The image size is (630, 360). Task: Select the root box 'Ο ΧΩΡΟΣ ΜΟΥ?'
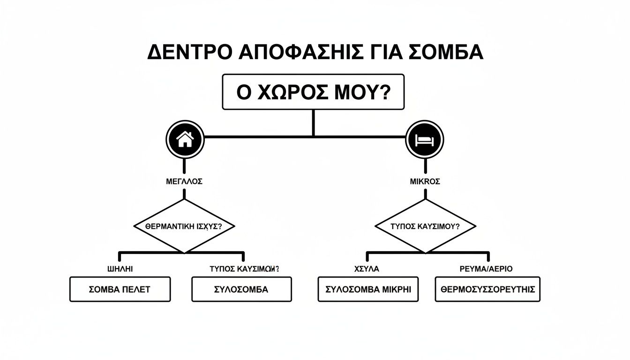313,92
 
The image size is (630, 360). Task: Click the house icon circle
185,139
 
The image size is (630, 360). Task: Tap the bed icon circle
424,139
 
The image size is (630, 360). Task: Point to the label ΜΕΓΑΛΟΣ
184,182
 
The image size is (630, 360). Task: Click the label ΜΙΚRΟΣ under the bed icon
425,182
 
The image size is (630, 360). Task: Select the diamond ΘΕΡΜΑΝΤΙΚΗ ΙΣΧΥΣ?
184,226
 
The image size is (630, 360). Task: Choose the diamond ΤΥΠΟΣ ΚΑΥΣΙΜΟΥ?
425,226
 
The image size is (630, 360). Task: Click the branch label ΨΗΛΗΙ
120,269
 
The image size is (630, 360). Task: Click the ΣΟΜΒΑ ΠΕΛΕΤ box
120,289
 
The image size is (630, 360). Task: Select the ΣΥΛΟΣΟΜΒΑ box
241,289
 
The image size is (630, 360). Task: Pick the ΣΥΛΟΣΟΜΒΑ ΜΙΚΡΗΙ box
368,289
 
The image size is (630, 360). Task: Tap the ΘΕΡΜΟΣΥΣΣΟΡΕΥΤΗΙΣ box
487,289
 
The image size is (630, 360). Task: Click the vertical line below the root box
313,123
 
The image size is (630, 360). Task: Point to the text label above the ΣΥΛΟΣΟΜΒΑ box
244,269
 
